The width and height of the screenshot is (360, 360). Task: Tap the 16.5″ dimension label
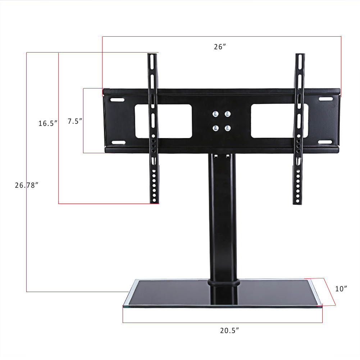[x=48, y=123]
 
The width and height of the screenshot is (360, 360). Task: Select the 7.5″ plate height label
[x=76, y=121]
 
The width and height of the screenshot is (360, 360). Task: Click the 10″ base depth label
[x=341, y=288]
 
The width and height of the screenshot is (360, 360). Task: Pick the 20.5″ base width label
[x=230, y=331]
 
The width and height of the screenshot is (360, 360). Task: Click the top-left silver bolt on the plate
[x=215, y=114]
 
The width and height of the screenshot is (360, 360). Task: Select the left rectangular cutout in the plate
[x=163, y=121]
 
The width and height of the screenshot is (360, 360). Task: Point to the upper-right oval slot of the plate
[x=325, y=99]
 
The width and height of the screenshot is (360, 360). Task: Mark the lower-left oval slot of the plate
[x=118, y=143]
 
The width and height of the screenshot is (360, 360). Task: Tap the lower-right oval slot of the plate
[x=325, y=142]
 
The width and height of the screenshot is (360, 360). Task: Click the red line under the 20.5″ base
[x=222, y=323]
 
